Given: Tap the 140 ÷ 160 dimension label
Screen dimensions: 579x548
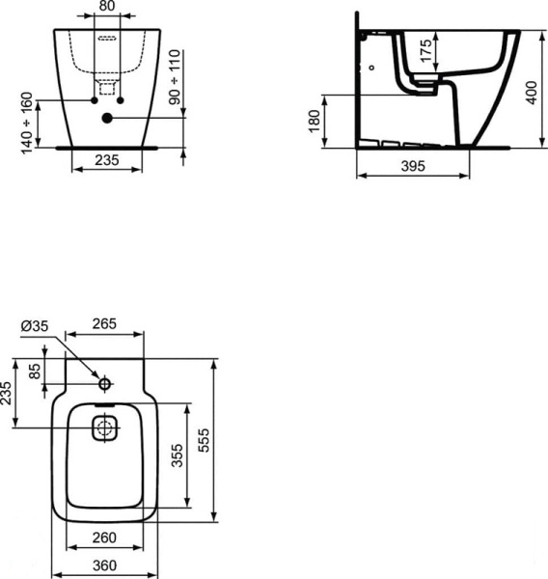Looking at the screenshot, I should [27, 120].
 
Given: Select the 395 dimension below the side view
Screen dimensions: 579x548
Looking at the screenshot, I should [414, 165].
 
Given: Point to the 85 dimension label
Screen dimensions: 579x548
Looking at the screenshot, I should [36, 372].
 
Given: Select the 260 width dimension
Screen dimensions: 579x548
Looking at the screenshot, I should [104, 538].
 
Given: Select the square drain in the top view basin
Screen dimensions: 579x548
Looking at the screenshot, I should [104, 427].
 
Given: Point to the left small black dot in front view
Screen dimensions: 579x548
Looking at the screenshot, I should [95, 100].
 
